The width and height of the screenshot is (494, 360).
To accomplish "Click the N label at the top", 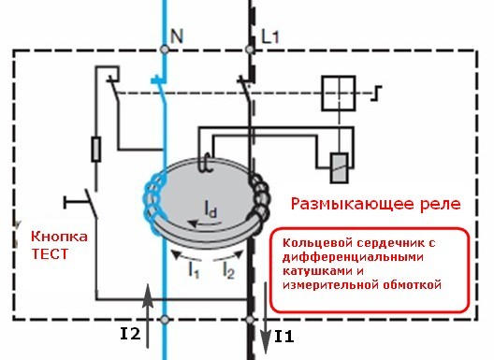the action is click(177, 36).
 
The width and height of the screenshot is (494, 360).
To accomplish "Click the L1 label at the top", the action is click(270, 36).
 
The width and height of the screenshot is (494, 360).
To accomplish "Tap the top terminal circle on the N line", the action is click(165, 50).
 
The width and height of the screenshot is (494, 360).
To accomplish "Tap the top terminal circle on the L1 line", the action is click(250, 50).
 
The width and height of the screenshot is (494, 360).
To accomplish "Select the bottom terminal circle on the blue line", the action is click(165, 320).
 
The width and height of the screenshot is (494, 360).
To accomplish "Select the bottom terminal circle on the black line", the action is click(250, 320).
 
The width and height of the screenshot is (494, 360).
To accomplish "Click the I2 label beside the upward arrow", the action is click(130, 334).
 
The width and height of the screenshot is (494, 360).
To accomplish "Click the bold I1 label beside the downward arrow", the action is click(284, 337).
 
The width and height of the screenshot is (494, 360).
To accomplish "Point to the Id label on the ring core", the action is click(211, 209).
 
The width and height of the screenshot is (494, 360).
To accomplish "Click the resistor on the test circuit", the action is click(96, 150).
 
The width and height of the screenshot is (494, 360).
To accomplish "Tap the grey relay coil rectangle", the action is click(339, 168).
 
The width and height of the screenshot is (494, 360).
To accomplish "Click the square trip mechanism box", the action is click(339, 94).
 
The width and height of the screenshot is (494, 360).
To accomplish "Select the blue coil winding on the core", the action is click(155, 201).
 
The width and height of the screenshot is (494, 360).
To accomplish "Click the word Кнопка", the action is click(59, 237).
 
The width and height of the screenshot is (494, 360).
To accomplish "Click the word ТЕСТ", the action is click(50, 253).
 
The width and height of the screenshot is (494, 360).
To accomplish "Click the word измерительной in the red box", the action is click(330, 284).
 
